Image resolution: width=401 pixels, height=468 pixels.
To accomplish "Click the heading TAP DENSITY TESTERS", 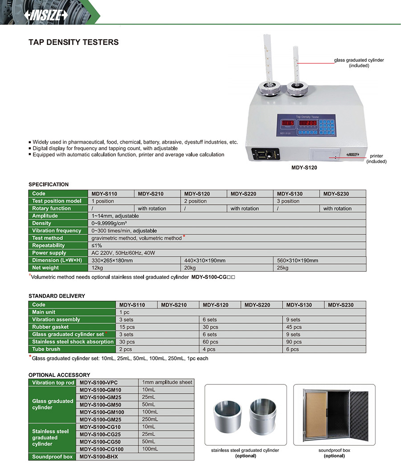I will pos(74,42).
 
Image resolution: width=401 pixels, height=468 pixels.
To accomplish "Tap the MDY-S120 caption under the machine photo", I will pos(304,169).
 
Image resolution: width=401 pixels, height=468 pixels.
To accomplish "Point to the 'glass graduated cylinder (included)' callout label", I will pos(359,63).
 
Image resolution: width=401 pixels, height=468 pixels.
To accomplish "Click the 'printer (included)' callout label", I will pos(376,159).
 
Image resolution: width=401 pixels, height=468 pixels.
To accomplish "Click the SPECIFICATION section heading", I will pos(49,184).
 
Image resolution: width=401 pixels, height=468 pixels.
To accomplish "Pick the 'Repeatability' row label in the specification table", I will pos(49,246).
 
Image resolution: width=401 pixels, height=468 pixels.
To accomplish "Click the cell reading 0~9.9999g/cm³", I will pos(109,223).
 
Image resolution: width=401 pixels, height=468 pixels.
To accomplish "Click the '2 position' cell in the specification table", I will pos(195,201).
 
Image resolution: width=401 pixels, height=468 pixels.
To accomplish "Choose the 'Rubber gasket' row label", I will pos(50,327).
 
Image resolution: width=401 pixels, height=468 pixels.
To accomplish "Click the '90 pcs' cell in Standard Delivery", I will pos(294,342).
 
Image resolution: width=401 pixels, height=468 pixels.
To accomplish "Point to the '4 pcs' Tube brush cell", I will pos(209,349).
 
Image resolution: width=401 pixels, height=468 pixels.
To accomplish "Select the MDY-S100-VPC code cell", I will pos(98,383).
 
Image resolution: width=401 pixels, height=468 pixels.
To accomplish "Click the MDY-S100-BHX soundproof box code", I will pos(98,456).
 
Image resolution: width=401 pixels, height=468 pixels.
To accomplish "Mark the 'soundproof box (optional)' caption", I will pos(334,453).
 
